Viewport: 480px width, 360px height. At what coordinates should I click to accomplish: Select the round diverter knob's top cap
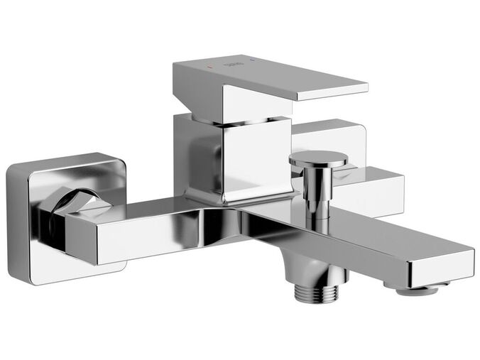click(318, 158)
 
